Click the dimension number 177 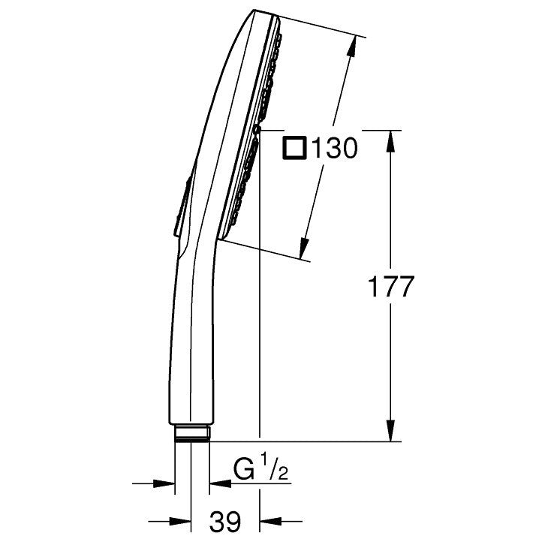(391, 287)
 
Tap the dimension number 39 (225, 522)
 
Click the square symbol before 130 (295, 149)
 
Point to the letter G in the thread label (244, 470)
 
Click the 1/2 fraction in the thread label (275, 468)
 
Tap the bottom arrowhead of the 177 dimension (391, 430)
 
